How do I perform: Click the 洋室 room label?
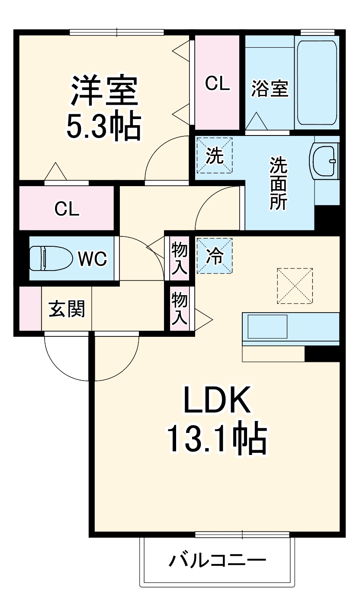(104, 90)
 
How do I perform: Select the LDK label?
(217, 400)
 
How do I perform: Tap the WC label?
(92, 259)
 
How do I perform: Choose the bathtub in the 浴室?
(316, 82)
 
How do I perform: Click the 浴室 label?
(270, 90)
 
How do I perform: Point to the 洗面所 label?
(279, 183)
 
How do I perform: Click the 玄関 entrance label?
(67, 309)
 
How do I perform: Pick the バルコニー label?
(217, 561)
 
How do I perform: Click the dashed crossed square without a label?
(295, 285)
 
